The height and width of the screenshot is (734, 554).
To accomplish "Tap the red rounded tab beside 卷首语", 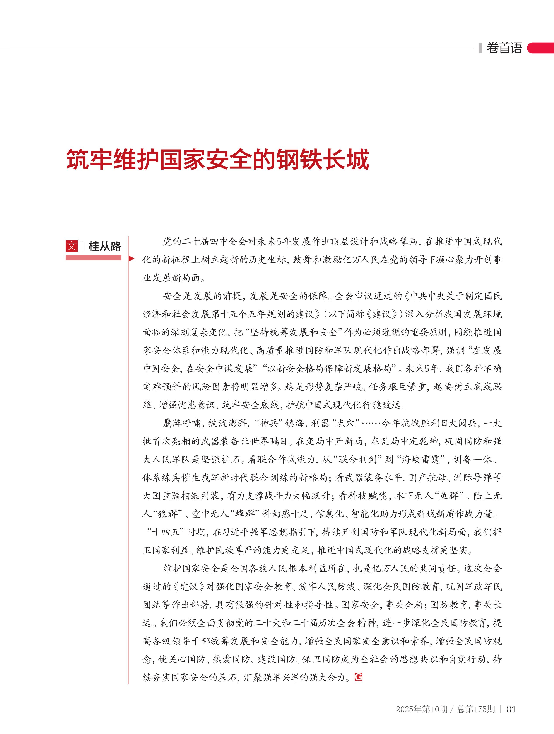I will pos(541,48).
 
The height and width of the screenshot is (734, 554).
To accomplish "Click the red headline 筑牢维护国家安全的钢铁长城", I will pos(218,160).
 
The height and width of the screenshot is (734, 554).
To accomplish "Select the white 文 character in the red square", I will pos(72,246).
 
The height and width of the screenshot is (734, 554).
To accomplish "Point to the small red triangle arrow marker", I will pos(131,259).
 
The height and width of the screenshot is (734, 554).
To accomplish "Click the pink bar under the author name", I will pos(93,257).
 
